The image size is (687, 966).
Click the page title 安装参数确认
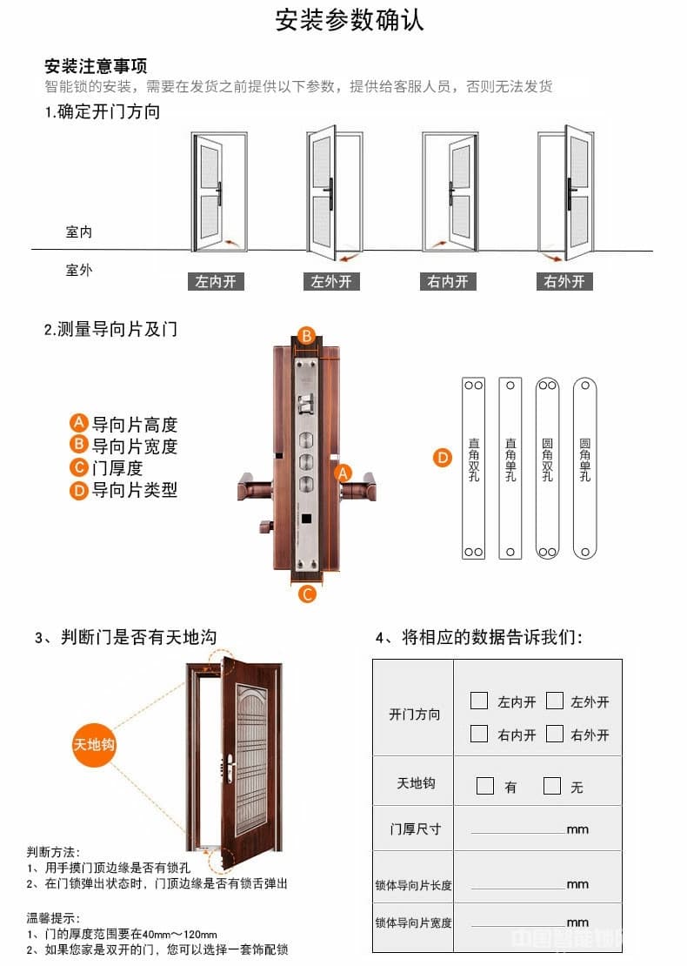[x=350, y=20]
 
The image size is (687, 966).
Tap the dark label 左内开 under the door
[x=215, y=282]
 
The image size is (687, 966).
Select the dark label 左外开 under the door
[x=331, y=282]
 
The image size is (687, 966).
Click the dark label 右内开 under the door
[x=447, y=282]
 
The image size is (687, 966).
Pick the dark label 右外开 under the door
[x=564, y=282]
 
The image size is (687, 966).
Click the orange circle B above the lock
[x=306, y=336]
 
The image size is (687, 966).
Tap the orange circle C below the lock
[x=307, y=594]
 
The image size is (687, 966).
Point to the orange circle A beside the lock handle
[x=343, y=473]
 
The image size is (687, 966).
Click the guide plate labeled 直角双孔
[x=473, y=467]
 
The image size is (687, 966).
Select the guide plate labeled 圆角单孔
[x=584, y=467]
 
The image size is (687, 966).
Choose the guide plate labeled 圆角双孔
[x=547, y=467]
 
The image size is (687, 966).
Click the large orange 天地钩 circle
[x=94, y=745]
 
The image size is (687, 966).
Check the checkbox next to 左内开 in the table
[x=479, y=701]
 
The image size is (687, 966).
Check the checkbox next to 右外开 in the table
[x=555, y=734]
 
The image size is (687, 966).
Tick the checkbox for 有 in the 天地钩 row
[x=485, y=786]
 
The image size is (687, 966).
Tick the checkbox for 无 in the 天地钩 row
[x=552, y=786]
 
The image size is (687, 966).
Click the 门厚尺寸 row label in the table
[x=416, y=829]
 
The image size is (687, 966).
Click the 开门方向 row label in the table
[x=415, y=714]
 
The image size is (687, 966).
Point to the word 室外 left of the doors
[x=78, y=270]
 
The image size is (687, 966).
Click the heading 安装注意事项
[x=96, y=66]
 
